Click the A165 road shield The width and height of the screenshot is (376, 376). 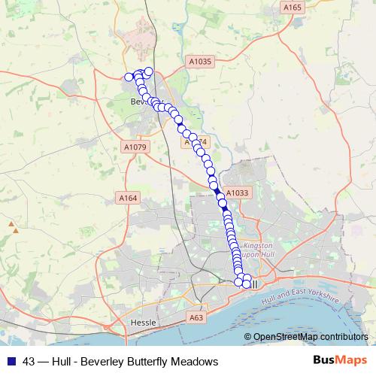tap(293, 7)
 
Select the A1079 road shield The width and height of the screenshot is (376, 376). tap(137, 146)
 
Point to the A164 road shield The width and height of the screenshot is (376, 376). tap(129, 198)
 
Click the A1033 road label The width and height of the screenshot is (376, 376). tap(237, 193)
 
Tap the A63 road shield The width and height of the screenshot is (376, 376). tap(196, 318)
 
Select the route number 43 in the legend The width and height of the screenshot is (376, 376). tap(29, 362)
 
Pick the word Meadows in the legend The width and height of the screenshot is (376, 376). tap(196, 362)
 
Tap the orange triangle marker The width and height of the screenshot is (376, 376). tap(11, 223)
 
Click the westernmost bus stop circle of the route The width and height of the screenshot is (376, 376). tap(129, 77)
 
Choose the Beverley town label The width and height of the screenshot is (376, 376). tap(140, 101)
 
